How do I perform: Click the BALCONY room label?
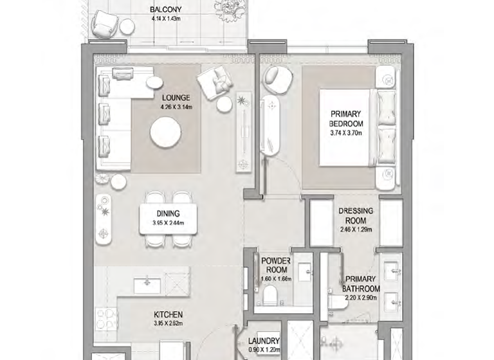coord(165,10)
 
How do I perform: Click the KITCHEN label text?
coord(169,314)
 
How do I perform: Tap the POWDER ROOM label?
coord(277,265)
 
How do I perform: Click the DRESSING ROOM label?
coord(355,215)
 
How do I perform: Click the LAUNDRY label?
coord(264,341)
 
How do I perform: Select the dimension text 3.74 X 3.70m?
coord(346,133)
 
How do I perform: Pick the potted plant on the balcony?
coord(228,9)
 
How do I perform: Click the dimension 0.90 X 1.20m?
coord(264,350)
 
